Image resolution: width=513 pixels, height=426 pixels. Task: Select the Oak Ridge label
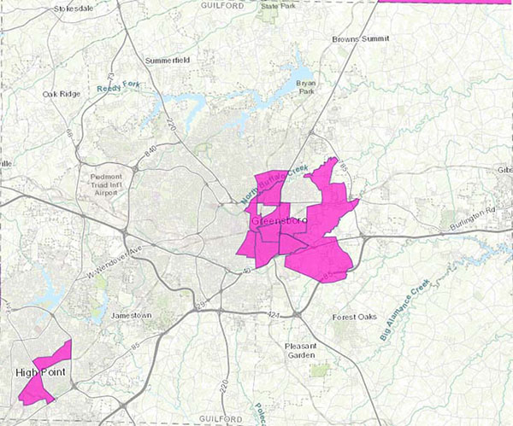click(x=62, y=94)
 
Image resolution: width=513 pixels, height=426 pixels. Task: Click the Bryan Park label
click(x=305, y=87)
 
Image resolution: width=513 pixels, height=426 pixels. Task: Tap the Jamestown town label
click(x=131, y=316)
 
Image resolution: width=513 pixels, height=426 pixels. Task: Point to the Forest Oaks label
click(x=354, y=318)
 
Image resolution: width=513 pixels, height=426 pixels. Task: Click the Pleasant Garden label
click(x=301, y=351)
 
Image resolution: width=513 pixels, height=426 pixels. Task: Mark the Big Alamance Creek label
click(x=404, y=311)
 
